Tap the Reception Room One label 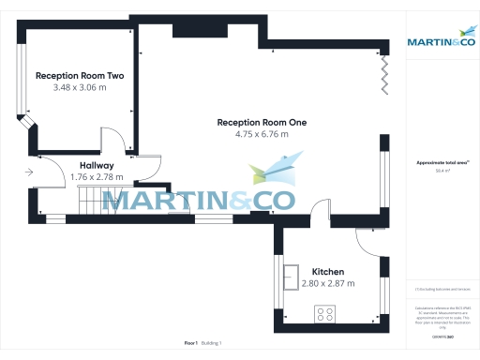tap(262, 122)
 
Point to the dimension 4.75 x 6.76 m tap(262, 134)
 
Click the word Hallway tap(97, 165)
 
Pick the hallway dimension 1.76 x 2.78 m tap(97, 176)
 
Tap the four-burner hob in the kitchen tap(326, 314)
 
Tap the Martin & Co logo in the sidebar tap(441, 41)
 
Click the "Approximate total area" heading tap(440, 162)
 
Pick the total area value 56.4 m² tap(440, 171)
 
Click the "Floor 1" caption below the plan tap(190, 343)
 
